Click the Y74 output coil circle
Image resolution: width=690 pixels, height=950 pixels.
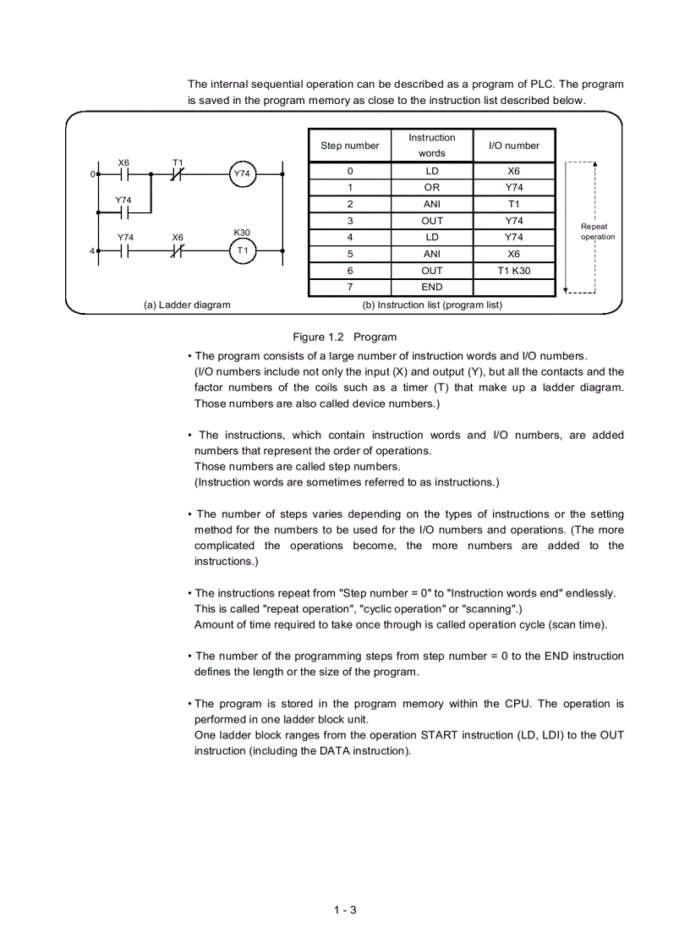point(242,174)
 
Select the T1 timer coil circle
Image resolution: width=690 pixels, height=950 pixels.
point(242,251)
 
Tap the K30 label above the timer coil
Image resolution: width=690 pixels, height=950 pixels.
point(242,233)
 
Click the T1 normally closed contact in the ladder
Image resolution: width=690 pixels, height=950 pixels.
point(178,174)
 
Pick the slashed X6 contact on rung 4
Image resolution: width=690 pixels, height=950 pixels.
point(178,251)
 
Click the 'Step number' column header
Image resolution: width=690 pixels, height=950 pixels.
point(350,146)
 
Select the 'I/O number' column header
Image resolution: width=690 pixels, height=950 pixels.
point(513,146)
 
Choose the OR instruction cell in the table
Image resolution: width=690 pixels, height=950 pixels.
point(431,188)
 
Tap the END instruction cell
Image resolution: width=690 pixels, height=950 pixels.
point(431,287)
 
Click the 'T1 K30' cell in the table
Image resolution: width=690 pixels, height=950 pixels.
point(513,271)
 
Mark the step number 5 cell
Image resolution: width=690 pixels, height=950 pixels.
point(350,254)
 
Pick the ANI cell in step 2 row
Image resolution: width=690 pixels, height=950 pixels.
point(431,204)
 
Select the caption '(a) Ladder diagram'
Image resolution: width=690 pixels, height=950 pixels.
point(187,305)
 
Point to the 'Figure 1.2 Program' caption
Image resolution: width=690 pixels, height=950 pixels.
point(344,337)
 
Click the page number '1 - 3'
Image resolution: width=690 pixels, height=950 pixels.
point(345,910)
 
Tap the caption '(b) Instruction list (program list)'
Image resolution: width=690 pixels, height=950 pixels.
point(432,305)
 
